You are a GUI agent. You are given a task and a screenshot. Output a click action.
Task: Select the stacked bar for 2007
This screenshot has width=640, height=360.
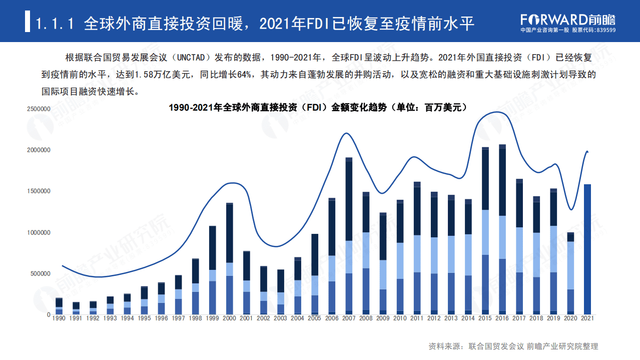[349, 236]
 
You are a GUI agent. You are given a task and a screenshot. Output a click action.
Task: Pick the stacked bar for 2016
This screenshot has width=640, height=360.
[502, 230]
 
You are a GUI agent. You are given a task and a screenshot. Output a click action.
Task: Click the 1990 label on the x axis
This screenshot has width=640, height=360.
[59, 318]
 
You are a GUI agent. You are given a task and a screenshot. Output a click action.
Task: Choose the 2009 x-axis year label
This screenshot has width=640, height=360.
[382, 318]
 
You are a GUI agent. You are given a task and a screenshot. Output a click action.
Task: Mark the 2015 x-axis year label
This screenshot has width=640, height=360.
[485, 318]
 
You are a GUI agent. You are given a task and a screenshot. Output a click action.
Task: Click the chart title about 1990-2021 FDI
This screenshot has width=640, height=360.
[317, 107]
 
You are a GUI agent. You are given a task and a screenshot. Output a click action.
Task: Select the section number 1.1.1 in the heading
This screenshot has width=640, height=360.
[55, 23]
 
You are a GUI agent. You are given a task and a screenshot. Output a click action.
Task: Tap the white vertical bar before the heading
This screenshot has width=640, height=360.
[28, 23]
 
